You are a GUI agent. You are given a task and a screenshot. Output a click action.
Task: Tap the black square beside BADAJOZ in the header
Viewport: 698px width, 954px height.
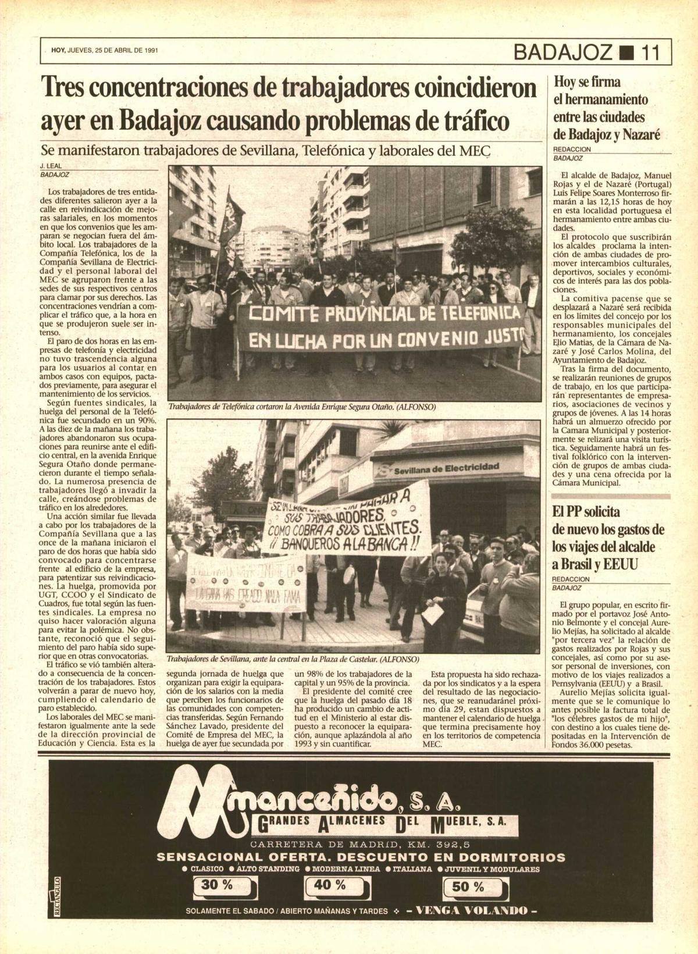[625, 54]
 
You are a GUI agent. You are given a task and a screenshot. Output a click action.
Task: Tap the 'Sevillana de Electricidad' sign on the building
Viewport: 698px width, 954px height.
[447, 467]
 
